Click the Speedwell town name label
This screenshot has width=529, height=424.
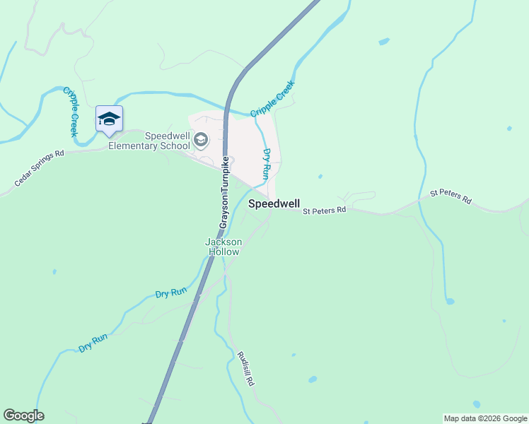274,204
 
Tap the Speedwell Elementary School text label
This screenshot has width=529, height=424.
167,141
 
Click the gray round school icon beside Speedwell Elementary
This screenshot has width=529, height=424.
201,140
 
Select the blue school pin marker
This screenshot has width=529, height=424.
109,119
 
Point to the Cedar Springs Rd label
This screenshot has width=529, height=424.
39,168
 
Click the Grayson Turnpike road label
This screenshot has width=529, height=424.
224,192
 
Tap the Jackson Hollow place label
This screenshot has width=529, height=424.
223,247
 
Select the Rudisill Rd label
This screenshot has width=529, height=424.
245,368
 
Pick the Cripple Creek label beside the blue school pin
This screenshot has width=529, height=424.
69,111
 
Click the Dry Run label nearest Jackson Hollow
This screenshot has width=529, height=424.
170,292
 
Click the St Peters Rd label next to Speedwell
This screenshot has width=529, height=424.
324,210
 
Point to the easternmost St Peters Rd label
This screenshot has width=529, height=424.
450,196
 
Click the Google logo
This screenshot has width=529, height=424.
23,416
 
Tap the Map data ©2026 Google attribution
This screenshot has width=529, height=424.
485,418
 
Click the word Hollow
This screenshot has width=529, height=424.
223,252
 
